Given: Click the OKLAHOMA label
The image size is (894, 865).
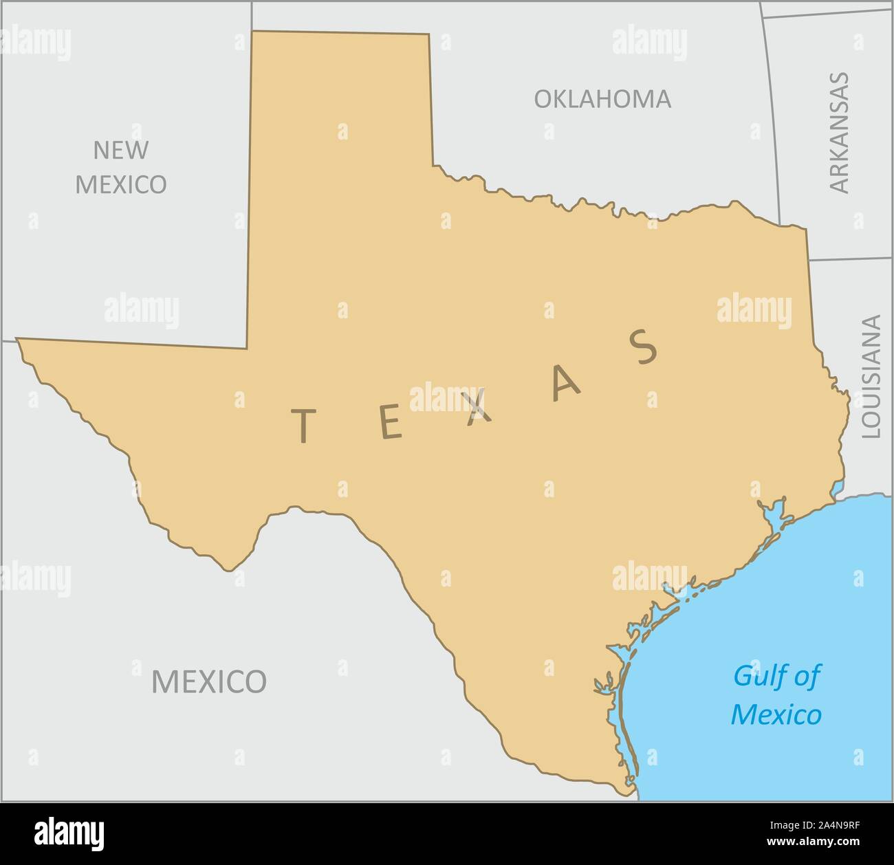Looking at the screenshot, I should tap(602, 99).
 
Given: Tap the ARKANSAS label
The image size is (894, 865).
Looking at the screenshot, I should tap(839, 132).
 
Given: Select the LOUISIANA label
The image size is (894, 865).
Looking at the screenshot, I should tap(871, 376).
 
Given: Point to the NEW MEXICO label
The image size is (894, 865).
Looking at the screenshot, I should tap(120, 166).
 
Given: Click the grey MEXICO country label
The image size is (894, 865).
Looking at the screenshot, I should tap(208, 681).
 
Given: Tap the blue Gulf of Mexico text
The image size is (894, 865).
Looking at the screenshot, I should tap(776, 695).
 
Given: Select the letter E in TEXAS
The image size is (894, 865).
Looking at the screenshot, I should tap(390, 423).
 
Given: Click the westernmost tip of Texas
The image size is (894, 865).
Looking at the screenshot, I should tap(17, 339).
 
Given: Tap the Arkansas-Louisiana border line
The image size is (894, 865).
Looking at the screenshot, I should tap(850, 259).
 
